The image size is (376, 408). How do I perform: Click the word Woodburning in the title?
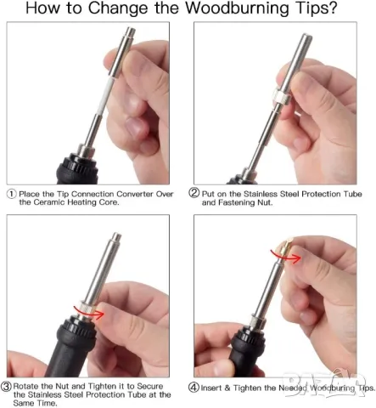click(237, 8)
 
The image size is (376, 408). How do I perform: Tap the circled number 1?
click(11, 194)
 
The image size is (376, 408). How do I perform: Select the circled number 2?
click(194, 193)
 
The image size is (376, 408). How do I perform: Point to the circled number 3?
click(6, 386)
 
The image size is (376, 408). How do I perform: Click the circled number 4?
click(194, 388)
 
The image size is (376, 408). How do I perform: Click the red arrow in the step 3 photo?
click(89, 312)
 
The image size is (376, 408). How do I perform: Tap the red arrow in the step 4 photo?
click(286, 256)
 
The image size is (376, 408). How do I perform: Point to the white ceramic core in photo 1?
click(107, 97)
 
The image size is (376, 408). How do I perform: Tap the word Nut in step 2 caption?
click(263, 202)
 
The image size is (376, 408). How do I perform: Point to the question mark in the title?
click(333, 8)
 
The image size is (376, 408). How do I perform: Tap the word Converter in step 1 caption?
click(135, 194)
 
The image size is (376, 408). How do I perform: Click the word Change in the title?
click(117, 9)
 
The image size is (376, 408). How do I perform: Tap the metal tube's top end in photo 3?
click(116, 235)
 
